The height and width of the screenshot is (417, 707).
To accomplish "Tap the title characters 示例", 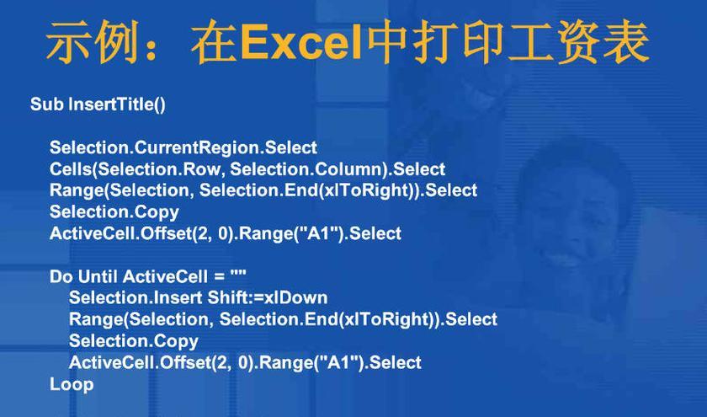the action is pos(92,42).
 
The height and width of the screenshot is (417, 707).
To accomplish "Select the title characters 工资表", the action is pos(579,42).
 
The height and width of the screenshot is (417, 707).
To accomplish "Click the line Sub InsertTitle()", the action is pos(98,104).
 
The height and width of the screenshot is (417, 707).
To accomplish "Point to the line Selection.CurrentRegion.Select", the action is pos(183,147).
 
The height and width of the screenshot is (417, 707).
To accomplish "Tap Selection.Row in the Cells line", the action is pos(159,169).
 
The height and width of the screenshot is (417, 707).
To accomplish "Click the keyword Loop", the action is pos(72,384).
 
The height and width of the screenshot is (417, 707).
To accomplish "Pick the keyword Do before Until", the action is pos(61,276).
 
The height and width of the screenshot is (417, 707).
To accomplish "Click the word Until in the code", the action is pos(98,276).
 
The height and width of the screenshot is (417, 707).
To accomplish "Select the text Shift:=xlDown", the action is pos(268,298).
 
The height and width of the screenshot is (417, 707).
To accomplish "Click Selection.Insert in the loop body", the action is pos(136,298).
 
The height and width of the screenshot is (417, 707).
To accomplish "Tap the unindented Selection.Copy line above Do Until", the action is pos(114,212).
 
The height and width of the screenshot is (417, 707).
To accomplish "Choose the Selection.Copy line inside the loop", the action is pos(134,341).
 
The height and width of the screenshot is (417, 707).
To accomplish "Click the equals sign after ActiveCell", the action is pos(219,277).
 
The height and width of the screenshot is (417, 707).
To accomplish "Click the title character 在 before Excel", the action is pos(215,42).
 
